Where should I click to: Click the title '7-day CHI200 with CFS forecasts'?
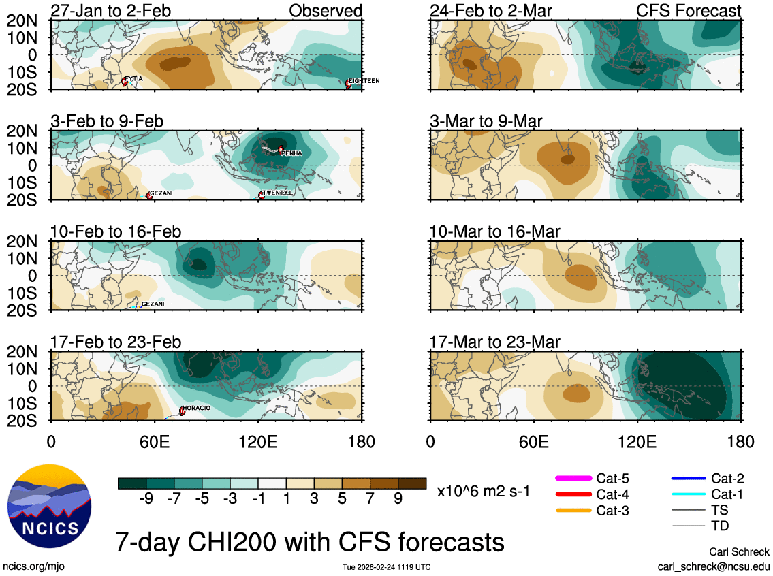pos(310,542)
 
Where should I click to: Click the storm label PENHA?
pos(291,153)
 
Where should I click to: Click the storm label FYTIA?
pos(134,79)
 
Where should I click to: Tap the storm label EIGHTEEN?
pos(364,80)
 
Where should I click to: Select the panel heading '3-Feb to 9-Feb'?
pos(107,121)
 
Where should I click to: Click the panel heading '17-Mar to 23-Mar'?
pos(495,342)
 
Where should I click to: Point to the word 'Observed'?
pos(326,11)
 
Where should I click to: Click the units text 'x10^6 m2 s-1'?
pos(483,490)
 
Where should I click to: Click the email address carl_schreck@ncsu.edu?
pos(713,566)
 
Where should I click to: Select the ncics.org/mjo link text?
pos(34,566)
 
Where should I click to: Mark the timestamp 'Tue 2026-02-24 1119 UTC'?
pos(386,566)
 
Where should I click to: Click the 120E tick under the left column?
pos(259,441)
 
